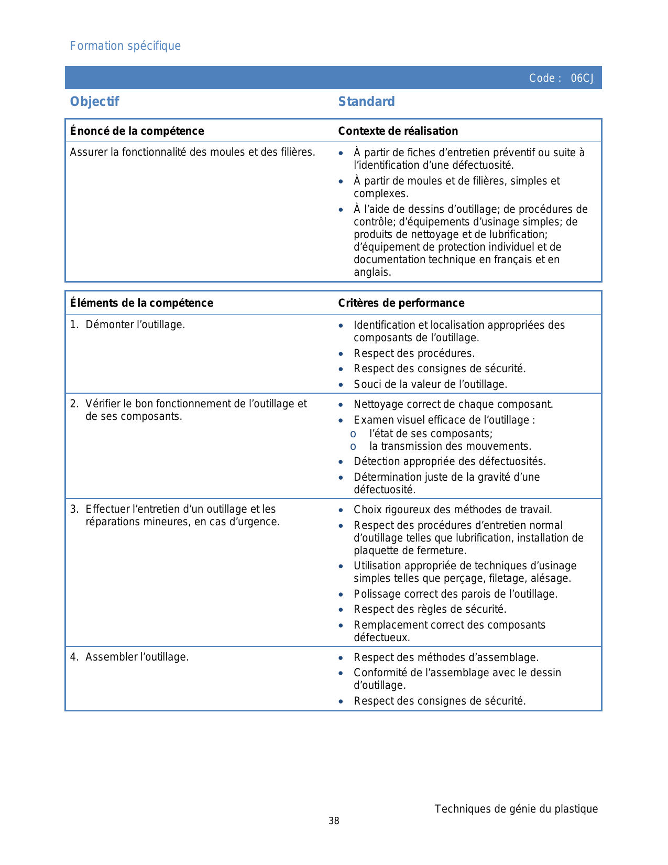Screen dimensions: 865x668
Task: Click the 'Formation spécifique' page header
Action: tap(125, 46)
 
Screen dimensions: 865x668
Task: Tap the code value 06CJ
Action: tap(582, 79)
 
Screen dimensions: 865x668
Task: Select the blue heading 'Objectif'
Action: tap(95, 102)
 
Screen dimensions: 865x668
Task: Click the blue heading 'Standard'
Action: tap(366, 102)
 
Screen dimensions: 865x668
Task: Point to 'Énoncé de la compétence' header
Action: tap(137, 131)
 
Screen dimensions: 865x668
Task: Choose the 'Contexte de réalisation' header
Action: tap(398, 131)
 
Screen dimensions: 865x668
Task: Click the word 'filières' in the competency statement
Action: tap(298, 153)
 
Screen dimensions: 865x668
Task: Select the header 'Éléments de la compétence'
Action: tap(141, 303)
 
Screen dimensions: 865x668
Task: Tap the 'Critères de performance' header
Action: tap(401, 303)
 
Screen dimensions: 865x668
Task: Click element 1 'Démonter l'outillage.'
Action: tap(135, 325)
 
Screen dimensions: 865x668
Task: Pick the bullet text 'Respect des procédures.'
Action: tap(414, 353)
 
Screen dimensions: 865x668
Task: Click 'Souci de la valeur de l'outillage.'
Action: tap(430, 384)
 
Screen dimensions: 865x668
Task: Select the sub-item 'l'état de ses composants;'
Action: tap(431, 434)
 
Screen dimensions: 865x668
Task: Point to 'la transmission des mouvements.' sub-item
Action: tap(450, 446)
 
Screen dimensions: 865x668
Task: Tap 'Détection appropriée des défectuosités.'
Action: tap(450, 461)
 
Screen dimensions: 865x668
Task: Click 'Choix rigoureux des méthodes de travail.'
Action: tap(453, 510)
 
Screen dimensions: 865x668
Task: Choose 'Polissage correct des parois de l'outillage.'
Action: tap(455, 594)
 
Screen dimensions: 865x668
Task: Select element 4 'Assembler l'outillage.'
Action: tap(137, 657)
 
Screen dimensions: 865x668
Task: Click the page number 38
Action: tap(334, 821)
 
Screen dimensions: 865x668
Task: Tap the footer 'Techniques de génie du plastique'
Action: tap(516, 809)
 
